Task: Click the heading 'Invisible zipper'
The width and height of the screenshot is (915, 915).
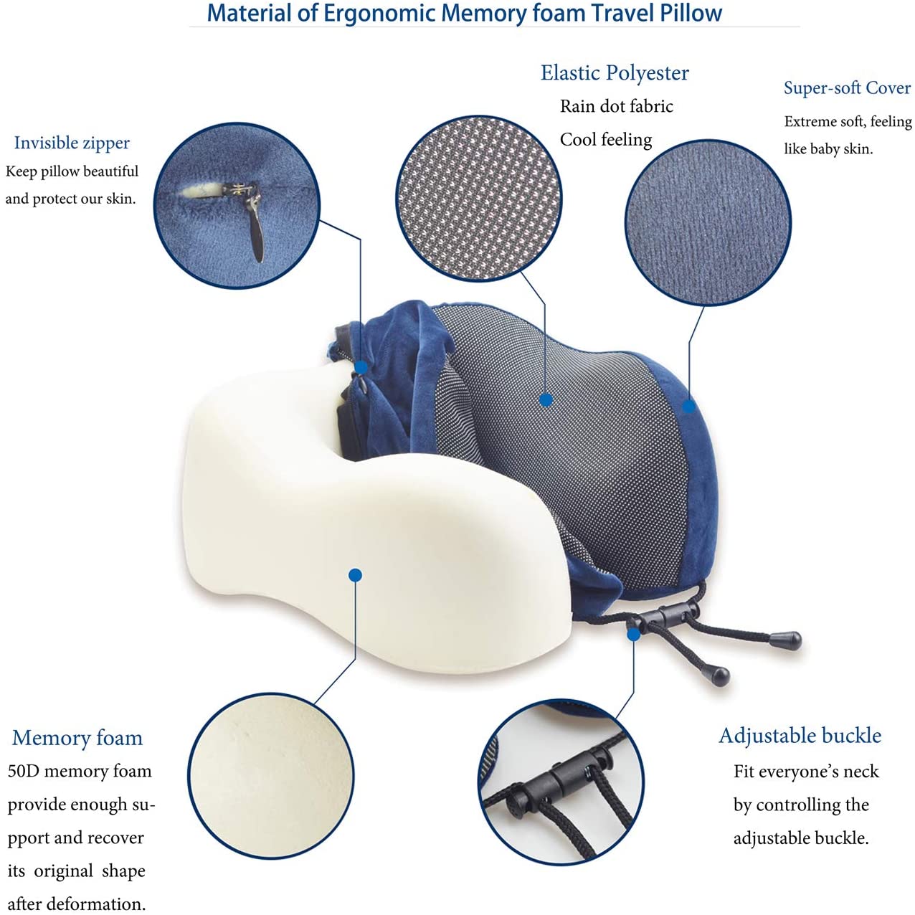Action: (72, 143)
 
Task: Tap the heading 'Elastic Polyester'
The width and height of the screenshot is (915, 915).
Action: (615, 73)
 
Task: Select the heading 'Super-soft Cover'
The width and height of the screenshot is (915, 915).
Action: (847, 88)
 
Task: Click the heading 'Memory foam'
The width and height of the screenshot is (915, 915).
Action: (77, 738)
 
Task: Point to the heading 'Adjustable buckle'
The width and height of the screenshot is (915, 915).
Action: (800, 736)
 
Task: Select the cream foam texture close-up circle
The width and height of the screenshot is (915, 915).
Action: (271, 776)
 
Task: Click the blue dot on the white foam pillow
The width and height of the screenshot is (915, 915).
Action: (355, 575)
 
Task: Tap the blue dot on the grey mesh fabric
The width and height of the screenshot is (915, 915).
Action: (546, 400)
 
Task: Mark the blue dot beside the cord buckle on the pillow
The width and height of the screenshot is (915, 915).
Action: (633, 635)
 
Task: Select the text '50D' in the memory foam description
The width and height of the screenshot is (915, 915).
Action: (23, 772)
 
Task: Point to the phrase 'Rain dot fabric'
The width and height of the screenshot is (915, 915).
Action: (616, 107)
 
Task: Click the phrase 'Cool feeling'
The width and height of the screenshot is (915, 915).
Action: (606, 140)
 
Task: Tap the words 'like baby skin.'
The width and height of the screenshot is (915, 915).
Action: (828, 149)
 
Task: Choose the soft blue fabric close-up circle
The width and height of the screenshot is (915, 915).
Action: (708, 222)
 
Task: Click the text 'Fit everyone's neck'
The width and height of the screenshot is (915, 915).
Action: (805, 772)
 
